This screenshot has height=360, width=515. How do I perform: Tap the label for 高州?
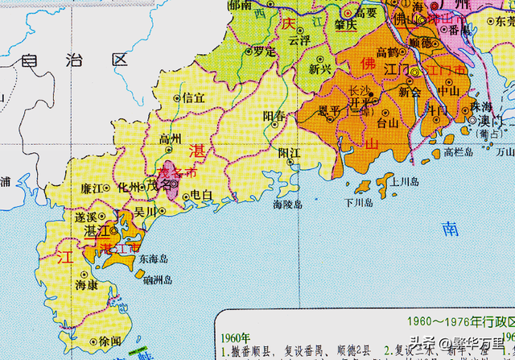[x=170, y=139]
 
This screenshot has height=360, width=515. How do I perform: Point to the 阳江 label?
[x=289, y=151]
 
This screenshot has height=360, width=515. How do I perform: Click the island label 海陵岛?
[x=287, y=205]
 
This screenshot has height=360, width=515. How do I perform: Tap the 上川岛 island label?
[x=402, y=182]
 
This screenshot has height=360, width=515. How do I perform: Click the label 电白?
[x=202, y=196]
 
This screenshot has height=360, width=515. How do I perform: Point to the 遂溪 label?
[x=85, y=217]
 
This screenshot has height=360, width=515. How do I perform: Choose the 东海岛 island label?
[x=151, y=259]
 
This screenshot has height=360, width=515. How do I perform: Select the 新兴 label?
[x=320, y=69]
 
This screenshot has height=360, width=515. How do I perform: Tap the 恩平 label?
[x=331, y=110]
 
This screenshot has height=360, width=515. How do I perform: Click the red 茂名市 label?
[x=179, y=172]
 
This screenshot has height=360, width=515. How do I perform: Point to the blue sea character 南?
[x=451, y=229]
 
